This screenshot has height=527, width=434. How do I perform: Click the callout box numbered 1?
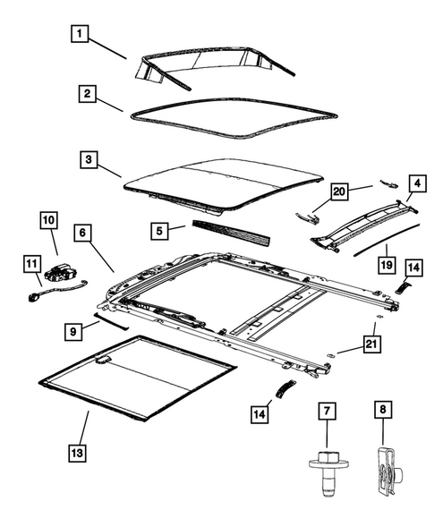(x=81, y=35)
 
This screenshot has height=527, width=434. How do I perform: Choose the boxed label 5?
(x=157, y=231)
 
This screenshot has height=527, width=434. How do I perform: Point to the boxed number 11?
(x=31, y=263)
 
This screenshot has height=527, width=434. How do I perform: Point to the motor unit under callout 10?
(x=67, y=273)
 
